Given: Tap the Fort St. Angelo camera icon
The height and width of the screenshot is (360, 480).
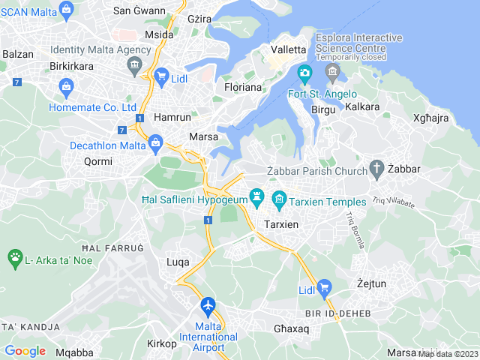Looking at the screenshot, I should coord(304,73).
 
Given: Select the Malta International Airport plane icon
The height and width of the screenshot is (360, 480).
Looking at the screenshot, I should coord(208,306).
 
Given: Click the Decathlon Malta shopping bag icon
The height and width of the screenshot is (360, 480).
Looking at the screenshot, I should coord(156,142).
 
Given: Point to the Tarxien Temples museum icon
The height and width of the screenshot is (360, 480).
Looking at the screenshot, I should coord(280,199).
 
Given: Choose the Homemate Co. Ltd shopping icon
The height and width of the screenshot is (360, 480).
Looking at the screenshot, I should coord(66,88).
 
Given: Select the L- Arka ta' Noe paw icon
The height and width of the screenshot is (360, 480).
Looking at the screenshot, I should coord(15,259).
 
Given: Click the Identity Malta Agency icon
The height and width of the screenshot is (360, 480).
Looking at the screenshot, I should coord(134,65).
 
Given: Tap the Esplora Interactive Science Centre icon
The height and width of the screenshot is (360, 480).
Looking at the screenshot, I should coord(334,72).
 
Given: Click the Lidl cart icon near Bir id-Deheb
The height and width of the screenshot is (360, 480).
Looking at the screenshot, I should coord(325,286).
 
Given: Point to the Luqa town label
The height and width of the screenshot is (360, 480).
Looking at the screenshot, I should coord(178,261).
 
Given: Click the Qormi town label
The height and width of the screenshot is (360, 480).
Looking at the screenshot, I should coord(97,161).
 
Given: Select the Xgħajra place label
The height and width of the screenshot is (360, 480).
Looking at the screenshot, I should coord(430,118).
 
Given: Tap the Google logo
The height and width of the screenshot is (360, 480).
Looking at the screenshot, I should coord(25,350).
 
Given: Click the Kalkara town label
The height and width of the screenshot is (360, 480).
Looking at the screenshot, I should coord(363,107).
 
